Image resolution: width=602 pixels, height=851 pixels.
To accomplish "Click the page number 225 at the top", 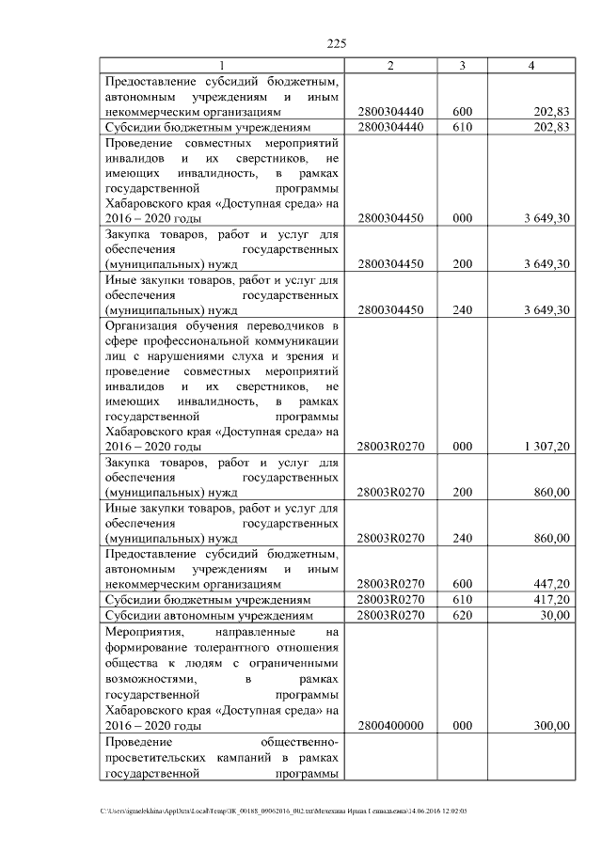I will coord(338,43).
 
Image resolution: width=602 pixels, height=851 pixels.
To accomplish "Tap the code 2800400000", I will coord(391,726).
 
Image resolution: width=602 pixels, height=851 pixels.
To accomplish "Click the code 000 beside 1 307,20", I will coord(462,447).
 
